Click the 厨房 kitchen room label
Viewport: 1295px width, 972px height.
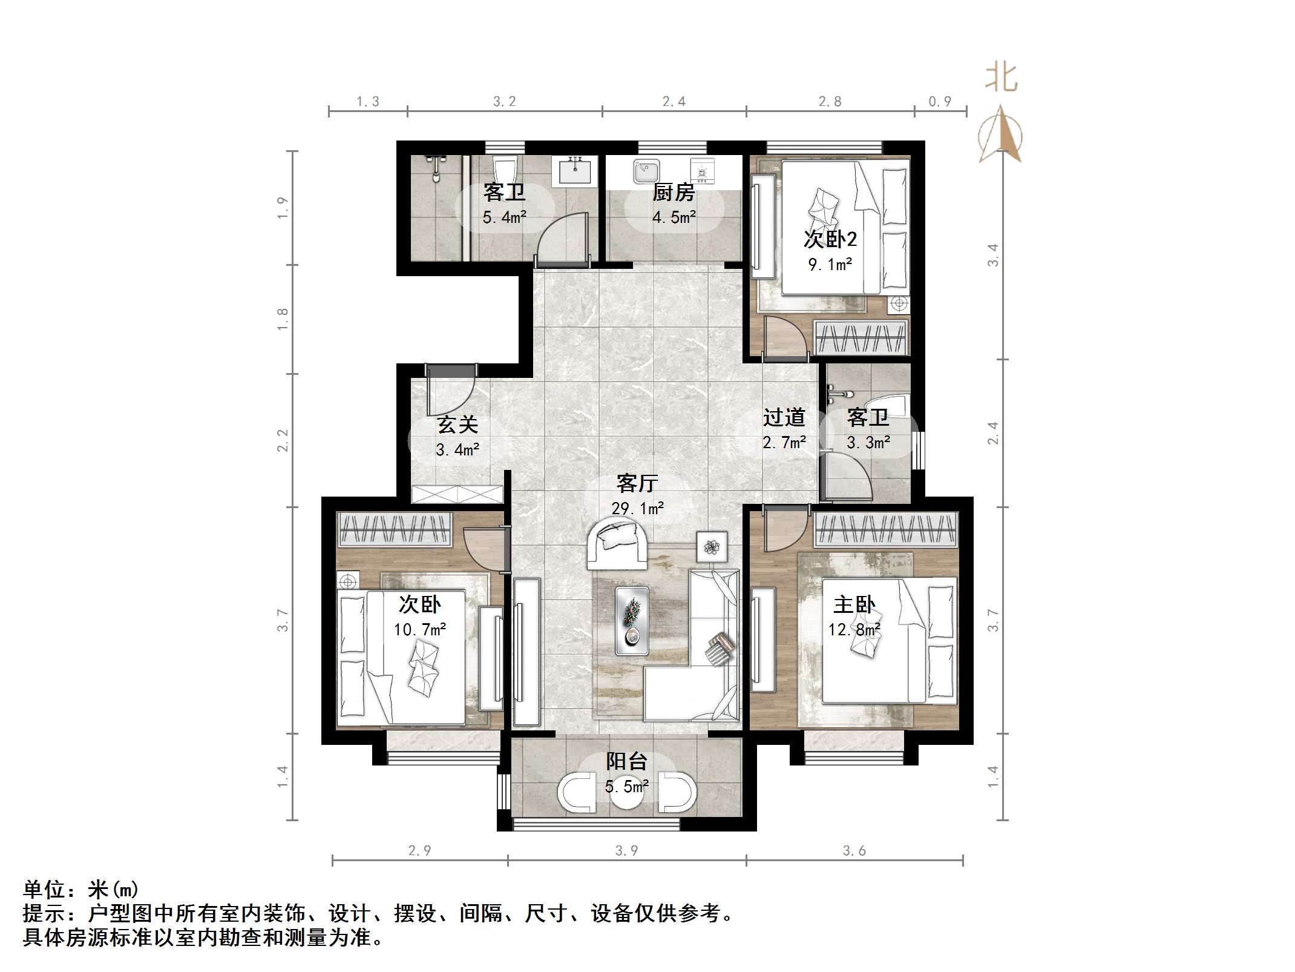(x=673, y=193)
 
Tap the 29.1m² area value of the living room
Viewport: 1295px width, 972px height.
(x=637, y=508)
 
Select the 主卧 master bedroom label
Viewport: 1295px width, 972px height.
(x=854, y=604)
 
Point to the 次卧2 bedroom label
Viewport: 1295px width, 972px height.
(x=830, y=240)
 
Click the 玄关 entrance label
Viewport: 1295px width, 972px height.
(x=457, y=425)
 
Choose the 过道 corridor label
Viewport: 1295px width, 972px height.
(x=784, y=417)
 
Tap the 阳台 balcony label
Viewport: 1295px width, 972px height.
(x=626, y=761)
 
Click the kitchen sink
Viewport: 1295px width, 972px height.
(x=646, y=171)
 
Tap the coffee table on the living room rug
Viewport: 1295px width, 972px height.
(x=632, y=621)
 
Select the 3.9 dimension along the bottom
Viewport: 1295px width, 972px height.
(x=626, y=851)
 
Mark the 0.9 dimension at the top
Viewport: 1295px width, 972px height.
(x=940, y=102)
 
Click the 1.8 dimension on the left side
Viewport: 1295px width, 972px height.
(x=283, y=319)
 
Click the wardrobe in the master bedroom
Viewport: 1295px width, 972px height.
(x=886, y=528)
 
